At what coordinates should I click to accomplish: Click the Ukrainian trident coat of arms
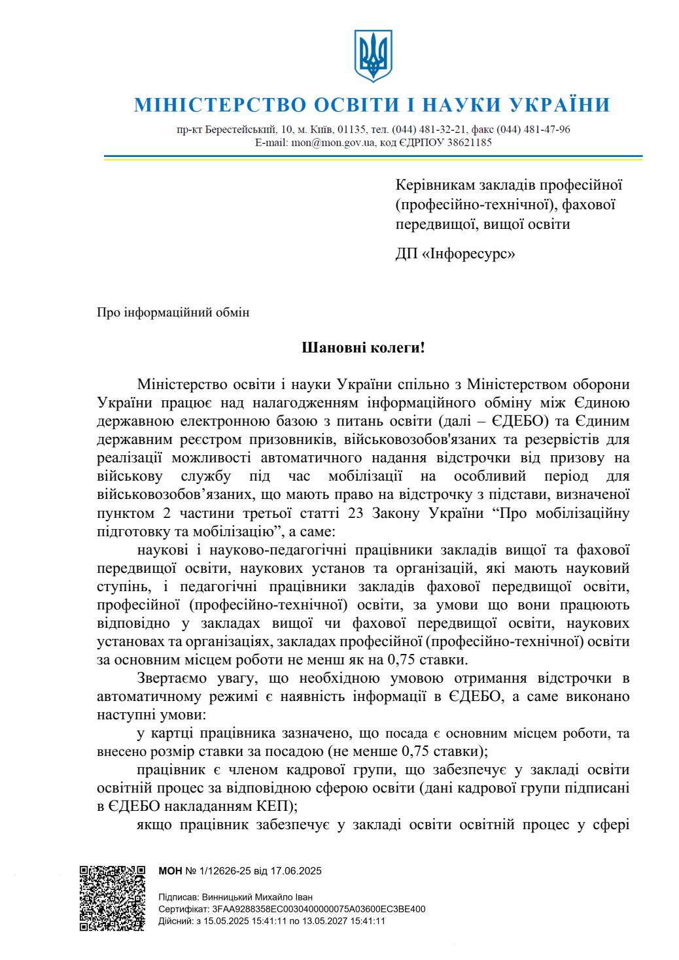coord(373,55)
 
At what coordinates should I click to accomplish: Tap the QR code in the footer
coord(112,897)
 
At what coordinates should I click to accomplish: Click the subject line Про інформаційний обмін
coord(173,312)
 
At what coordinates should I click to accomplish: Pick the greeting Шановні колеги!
coord(363,347)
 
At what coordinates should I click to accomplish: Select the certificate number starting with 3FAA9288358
coord(319,909)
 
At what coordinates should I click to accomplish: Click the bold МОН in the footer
coord(170,871)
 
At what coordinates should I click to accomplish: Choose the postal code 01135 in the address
coord(351,129)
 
